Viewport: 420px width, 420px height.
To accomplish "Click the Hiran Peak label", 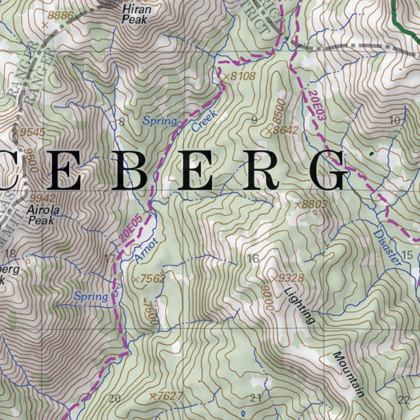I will [137, 14].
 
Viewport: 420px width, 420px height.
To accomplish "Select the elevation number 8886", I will [60, 16].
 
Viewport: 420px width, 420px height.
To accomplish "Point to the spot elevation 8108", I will [240, 76].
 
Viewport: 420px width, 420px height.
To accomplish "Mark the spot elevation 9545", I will [29, 132].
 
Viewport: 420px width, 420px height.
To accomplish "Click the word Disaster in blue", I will [387, 247].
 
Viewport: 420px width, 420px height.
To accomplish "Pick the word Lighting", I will [300, 305].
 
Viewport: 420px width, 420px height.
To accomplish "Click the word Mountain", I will [349, 374].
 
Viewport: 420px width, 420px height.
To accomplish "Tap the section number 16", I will [253, 258].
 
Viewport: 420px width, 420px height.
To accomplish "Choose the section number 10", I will [395, 120].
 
